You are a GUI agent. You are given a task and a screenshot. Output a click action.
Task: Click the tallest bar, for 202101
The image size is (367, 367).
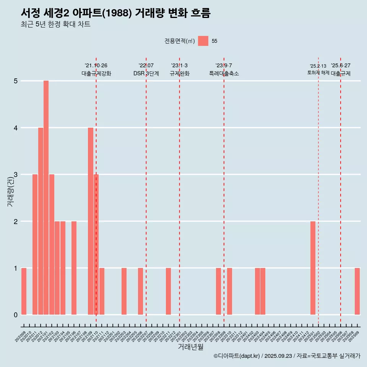[46, 198]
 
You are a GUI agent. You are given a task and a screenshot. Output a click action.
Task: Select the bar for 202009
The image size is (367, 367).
[24, 291]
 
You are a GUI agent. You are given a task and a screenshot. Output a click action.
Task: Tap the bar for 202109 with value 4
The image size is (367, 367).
[91, 221]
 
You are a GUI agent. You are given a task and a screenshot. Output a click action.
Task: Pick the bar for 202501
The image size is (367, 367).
[313, 268]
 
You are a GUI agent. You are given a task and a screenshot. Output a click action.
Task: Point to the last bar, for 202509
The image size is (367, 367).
[357, 291]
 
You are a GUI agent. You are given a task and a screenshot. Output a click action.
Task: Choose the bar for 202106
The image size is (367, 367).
[74, 268]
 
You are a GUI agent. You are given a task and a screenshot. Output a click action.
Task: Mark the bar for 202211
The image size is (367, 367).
[168, 291]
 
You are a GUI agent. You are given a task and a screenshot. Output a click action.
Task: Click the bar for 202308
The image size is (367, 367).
[218, 291]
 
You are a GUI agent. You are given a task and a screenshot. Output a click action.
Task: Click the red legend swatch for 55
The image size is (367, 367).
[203, 41]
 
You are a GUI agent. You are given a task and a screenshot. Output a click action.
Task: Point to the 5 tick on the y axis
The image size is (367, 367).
[16, 81]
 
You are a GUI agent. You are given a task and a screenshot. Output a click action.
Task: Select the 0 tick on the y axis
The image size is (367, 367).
[16, 315]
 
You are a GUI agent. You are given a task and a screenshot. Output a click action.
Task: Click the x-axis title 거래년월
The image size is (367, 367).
[190, 347]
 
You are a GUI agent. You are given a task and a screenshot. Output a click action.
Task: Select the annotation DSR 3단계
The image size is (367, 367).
[146, 73]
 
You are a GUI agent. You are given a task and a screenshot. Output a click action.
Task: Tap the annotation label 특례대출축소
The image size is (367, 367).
[224, 73]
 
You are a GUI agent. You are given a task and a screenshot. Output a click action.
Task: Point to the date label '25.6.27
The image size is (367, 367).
[341, 66]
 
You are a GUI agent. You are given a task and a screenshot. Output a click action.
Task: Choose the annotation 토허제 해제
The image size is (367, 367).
[318, 72]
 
